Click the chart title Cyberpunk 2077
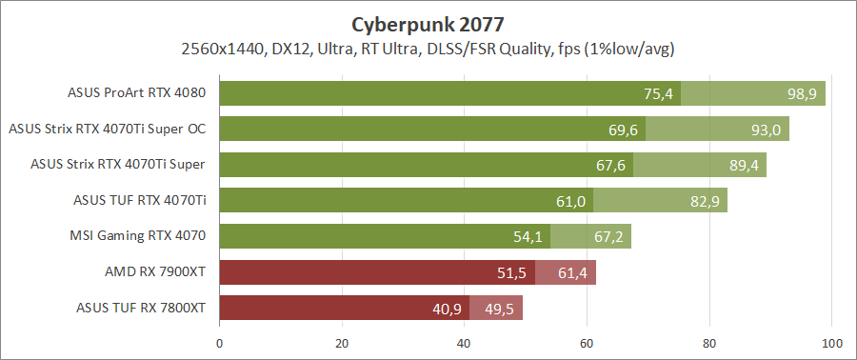click(x=428, y=23)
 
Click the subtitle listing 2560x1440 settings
click(x=428, y=48)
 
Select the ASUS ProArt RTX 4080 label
click(x=137, y=93)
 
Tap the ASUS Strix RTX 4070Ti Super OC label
click(x=108, y=129)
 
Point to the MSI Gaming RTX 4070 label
click(x=138, y=236)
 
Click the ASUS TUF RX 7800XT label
click(x=141, y=308)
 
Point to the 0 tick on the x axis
click(x=220, y=343)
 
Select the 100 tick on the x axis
click(x=831, y=343)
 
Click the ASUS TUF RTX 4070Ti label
click(x=140, y=200)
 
